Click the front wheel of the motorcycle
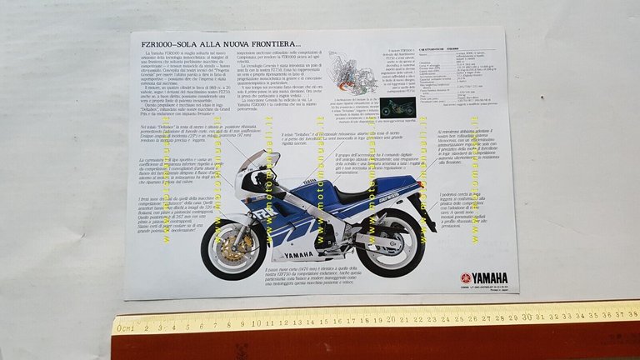point(233,248)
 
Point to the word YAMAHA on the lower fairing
point(299,255)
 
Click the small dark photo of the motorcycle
point(397,107)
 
